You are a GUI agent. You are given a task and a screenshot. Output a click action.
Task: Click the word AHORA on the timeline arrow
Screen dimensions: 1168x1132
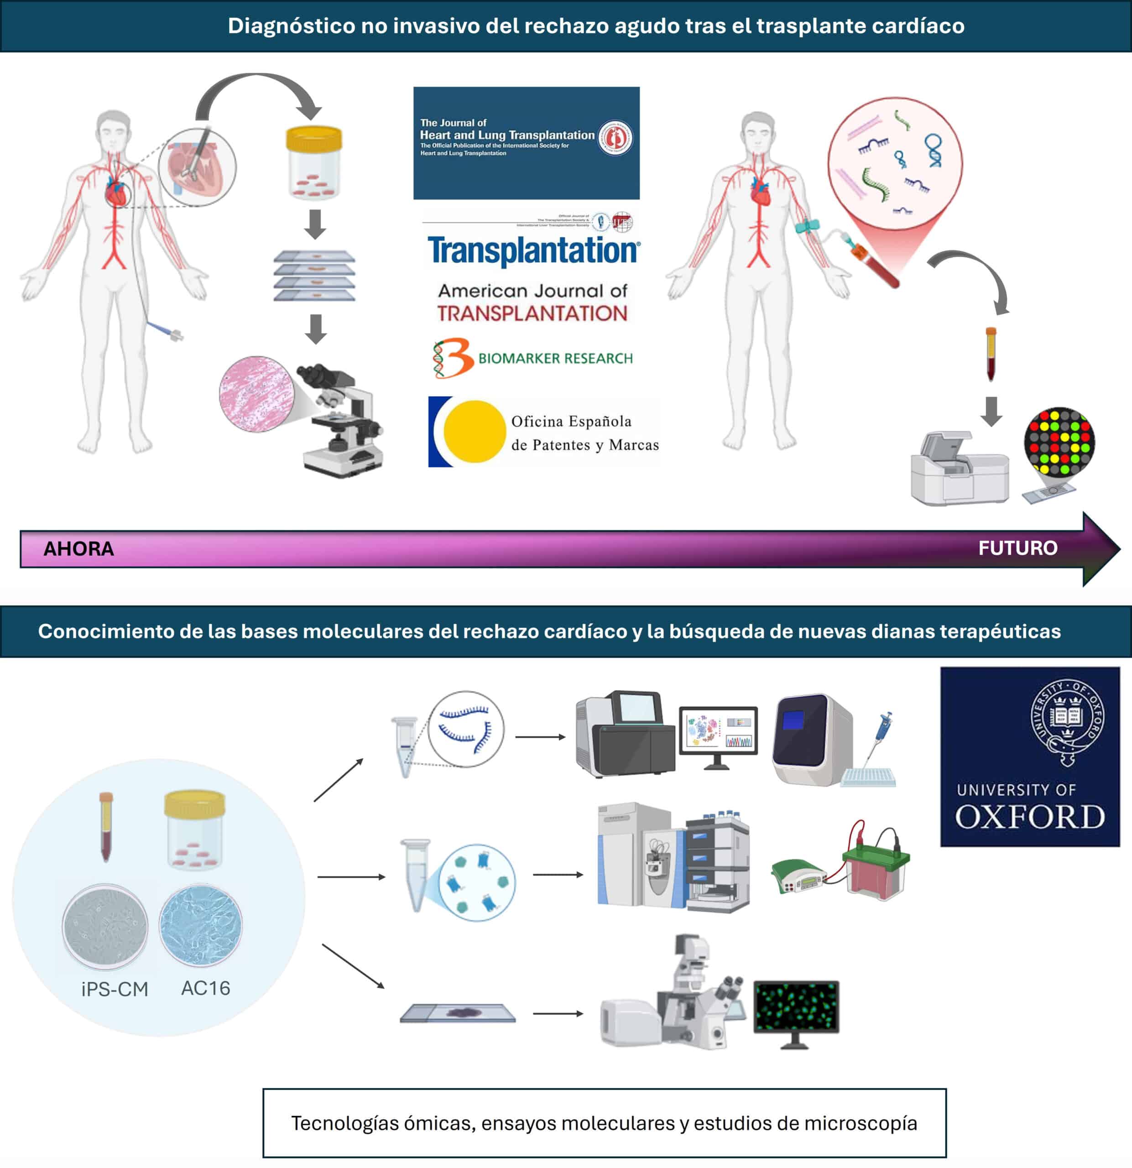coord(78,548)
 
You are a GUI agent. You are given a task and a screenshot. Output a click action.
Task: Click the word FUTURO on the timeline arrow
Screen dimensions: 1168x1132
coord(1017,547)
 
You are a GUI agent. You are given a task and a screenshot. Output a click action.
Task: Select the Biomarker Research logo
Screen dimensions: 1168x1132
coord(533,358)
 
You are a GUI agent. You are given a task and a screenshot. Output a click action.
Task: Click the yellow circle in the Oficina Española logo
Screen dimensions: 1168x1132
coord(474,432)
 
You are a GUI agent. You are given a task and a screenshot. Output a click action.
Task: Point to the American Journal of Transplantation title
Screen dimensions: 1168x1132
coord(532,302)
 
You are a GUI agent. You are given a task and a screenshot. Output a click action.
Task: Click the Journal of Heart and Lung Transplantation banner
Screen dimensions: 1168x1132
coord(526,143)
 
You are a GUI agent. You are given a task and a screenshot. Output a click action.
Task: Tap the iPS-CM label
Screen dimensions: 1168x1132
coord(115,989)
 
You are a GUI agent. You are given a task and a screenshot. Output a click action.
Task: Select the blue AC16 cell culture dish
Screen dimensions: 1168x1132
coord(201,925)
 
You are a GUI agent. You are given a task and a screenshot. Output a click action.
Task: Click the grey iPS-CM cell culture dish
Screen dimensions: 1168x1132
coord(105,925)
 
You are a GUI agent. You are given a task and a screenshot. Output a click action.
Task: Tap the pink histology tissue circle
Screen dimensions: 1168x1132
coord(256,393)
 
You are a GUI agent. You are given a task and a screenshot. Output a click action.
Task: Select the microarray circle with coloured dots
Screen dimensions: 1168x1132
coord(1059,442)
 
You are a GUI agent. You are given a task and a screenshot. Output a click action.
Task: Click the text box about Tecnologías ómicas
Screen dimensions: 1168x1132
coord(604,1123)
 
